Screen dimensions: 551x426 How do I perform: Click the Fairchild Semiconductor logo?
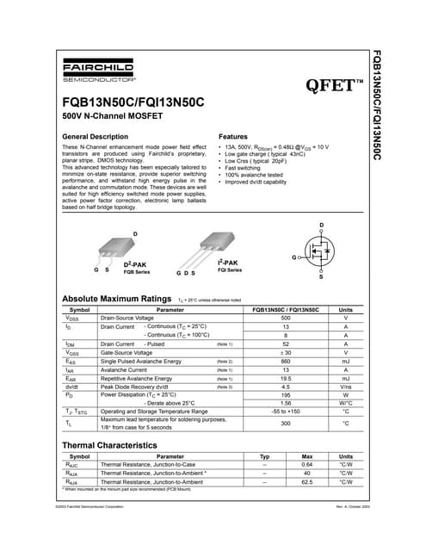(99, 71)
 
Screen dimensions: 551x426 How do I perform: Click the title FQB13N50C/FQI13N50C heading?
(134, 102)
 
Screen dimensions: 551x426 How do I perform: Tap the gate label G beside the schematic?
(294, 257)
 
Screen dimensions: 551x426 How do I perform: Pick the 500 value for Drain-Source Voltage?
(285, 318)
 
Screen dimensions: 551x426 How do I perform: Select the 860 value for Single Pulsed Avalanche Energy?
(285, 361)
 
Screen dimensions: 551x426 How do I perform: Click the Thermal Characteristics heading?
(114, 445)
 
